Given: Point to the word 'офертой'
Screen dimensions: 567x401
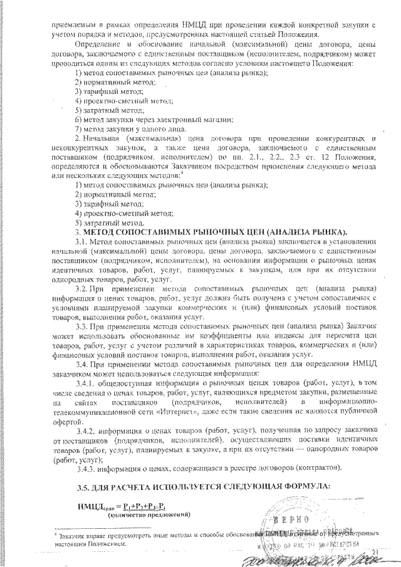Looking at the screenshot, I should click(68, 419).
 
